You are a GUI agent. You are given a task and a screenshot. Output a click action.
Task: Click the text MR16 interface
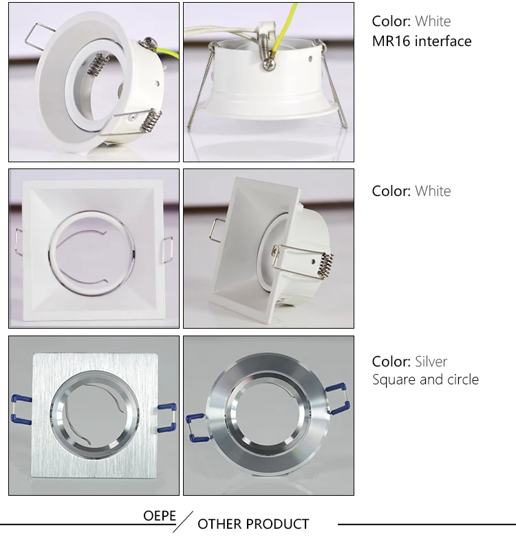pos(422,41)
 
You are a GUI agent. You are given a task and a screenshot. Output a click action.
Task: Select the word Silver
pos(431,362)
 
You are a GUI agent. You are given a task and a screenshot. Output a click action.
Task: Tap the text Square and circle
pos(425,380)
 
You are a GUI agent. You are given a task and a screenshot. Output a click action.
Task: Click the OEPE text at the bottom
pos(160,516)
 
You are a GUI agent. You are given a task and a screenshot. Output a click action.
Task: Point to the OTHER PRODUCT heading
pos(253,524)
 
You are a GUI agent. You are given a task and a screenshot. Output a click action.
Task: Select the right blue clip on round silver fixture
pos(338,398)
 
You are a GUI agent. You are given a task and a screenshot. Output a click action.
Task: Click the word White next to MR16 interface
pos(433,21)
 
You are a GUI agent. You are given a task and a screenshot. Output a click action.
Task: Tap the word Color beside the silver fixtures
pos(391,362)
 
